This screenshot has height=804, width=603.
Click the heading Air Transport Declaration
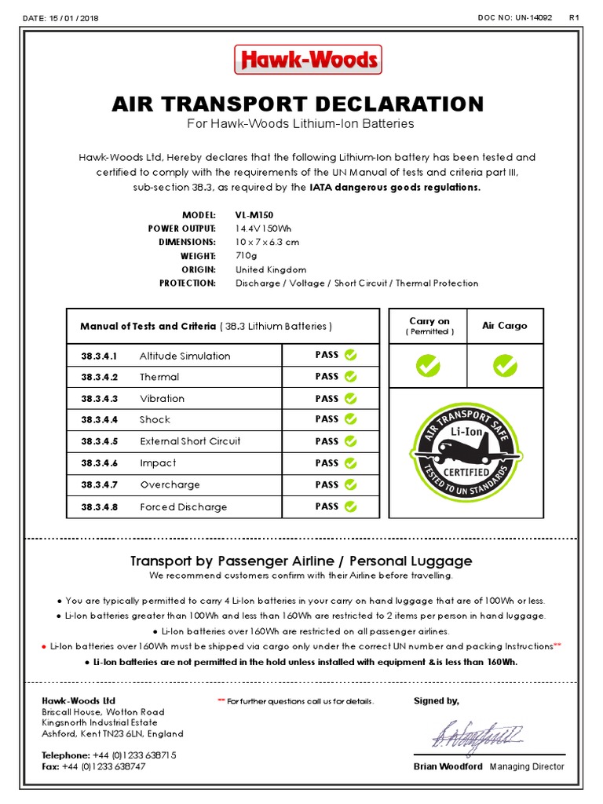pos(298,104)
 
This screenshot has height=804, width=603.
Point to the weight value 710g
pos(247,256)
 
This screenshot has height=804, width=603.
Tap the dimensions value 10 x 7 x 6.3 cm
pos(267,242)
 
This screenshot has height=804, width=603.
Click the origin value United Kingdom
pos(271,269)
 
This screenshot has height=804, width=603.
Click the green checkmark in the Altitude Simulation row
pos(350,355)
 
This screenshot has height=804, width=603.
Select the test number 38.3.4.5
pos(99,441)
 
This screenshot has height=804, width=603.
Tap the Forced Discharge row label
pos(183,507)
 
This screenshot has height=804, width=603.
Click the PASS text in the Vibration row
pos(327,398)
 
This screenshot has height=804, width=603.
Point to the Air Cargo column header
pos(504,326)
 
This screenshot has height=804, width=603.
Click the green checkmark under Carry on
pos(428,365)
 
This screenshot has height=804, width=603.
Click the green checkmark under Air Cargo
pos(504,365)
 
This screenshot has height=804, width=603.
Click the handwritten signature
pos(476,736)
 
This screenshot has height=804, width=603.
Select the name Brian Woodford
pos(448,767)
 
